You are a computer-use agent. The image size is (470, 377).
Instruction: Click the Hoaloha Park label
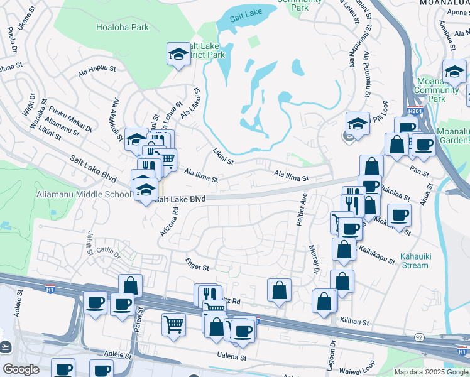click(123, 27)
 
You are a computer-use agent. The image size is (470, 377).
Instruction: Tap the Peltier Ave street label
click(302, 210)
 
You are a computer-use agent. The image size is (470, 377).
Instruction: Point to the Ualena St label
click(232, 356)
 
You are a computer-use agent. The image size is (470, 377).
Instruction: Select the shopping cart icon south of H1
click(173, 324)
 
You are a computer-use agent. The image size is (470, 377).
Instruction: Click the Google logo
click(21, 369)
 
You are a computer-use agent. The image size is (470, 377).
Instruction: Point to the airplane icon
click(6, 346)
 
